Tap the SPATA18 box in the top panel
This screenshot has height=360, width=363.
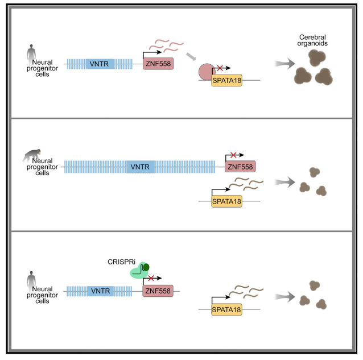226,80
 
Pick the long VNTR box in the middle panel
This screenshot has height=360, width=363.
140,167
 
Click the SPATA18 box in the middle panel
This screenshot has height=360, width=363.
226,201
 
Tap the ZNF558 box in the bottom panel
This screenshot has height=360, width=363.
158,291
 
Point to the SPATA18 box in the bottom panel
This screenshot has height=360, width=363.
226,309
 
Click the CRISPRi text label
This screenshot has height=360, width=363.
119,262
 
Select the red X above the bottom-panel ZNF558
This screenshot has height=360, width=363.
150,279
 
